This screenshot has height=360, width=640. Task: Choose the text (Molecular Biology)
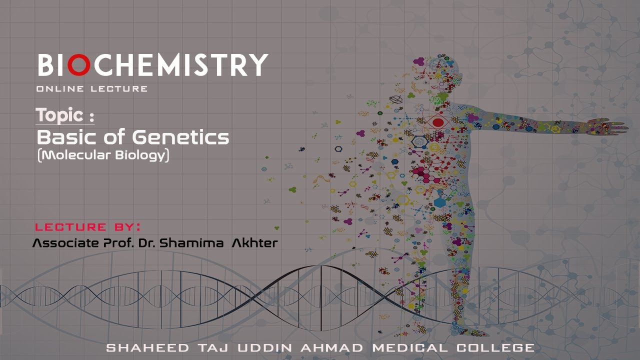(x=103, y=155)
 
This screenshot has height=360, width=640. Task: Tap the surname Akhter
(x=254, y=244)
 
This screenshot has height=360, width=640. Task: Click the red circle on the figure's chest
(x=438, y=122)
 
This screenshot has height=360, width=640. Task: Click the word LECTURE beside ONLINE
(x=119, y=89)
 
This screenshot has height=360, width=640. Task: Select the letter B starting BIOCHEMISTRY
(x=45, y=65)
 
